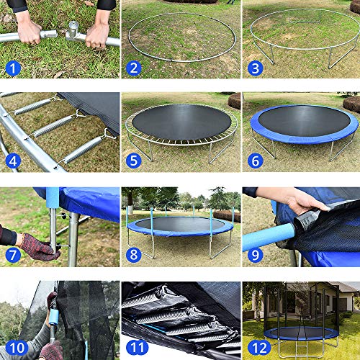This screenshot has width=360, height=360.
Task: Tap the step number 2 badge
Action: pyautogui.click(x=133, y=69)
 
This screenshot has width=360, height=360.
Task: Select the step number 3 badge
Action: pyautogui.click(x=253, y=69)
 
